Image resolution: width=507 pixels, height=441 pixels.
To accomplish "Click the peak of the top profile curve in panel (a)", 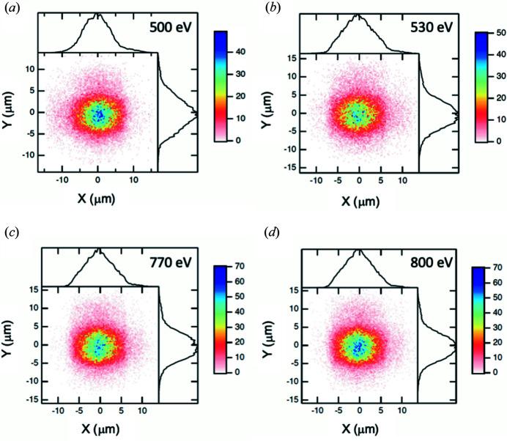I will coord(98,14).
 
